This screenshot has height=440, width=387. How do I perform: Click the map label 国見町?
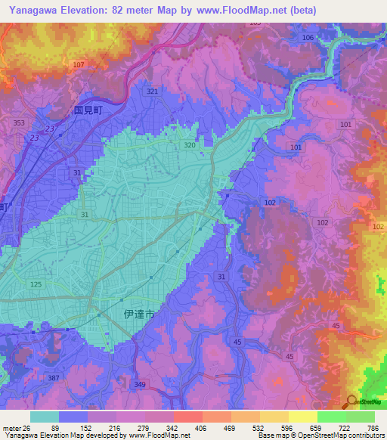tap(88, 109)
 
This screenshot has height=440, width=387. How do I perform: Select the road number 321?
tap(153, 91)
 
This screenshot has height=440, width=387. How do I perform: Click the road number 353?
tap(20, 122)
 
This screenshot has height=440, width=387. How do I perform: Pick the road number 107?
tap(79, 65)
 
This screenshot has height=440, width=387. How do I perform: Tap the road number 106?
tap(308, 37)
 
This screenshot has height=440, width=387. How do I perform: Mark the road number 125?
tap(35, 284)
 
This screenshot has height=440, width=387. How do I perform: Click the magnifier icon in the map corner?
tap(351, 401)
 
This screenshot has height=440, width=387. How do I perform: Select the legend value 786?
tap(373, 427)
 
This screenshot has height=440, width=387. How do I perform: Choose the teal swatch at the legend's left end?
tap(45, 416)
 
